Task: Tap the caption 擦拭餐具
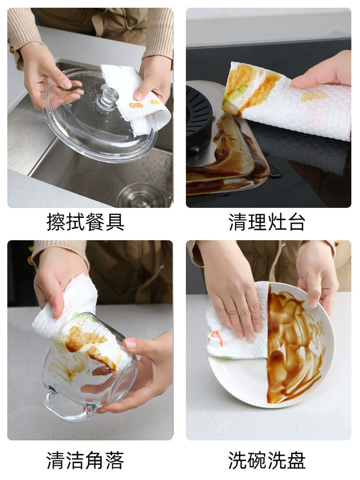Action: coord(86,222)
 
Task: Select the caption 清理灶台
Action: coord(267,222)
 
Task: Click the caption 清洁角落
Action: coord(85,460)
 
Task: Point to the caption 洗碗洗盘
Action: coord(267,460)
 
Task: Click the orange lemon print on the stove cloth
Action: coord(314,96)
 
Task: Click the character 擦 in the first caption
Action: coord(56,222)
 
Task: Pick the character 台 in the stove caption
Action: coord(296,222)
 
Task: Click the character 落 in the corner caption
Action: coord(115,460)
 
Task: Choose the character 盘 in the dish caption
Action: coord(296,460)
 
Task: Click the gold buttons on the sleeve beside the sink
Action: coord(12,46)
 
